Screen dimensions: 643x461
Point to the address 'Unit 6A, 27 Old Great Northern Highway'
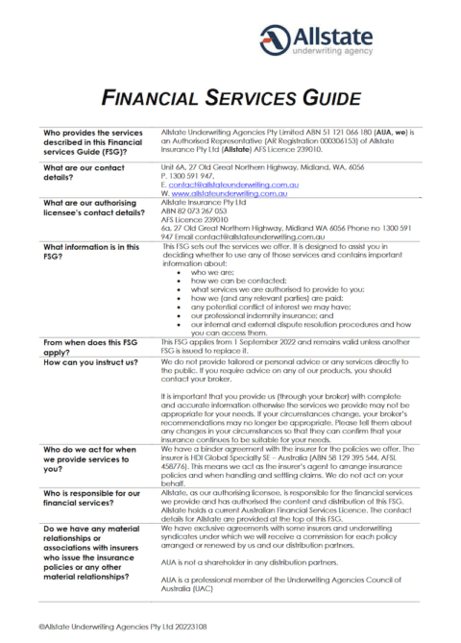(x=246, y=165)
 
